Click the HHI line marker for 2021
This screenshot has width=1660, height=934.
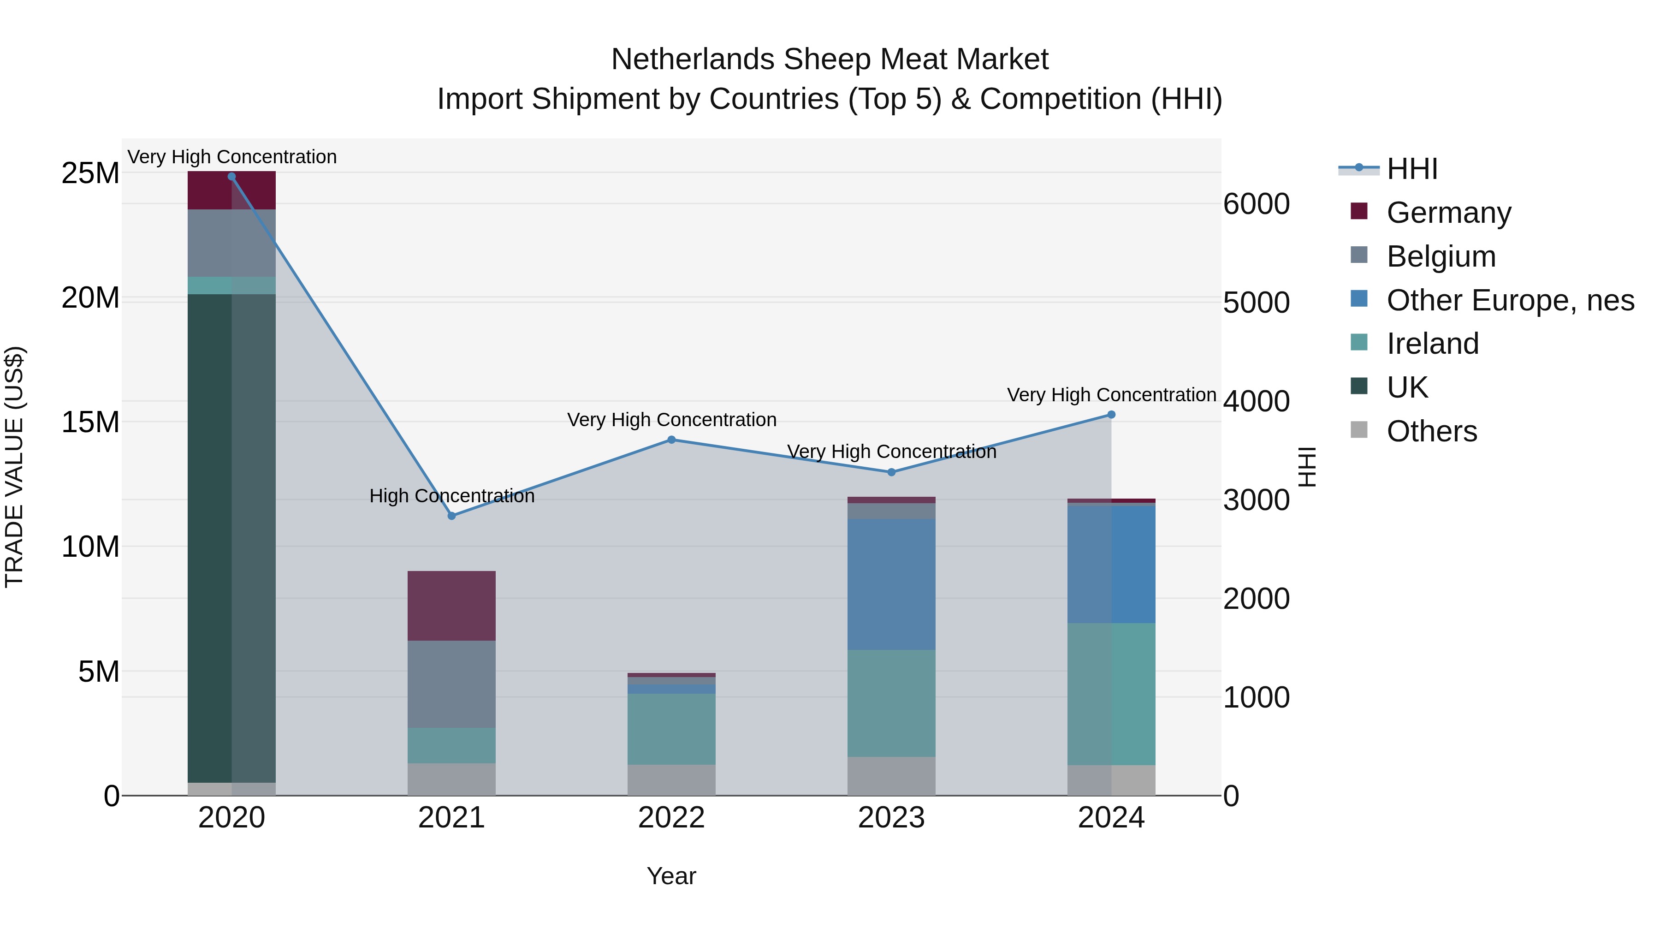click(x=452, y=516)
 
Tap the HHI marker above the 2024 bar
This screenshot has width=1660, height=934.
click(x=1111, y=415)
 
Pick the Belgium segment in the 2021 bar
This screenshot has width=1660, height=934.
click(x=452, y=684)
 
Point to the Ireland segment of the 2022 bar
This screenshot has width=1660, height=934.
click(x=671, y=729)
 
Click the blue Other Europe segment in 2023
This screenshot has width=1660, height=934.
click(x=891, y=584)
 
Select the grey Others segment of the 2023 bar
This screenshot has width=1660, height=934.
click(x=891, y=776)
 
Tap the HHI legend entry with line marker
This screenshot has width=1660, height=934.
click(x=1411, y=169)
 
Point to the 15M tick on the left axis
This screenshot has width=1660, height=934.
click(x=90, y=422)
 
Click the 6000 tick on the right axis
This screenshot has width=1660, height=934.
click(x=1256, y=204)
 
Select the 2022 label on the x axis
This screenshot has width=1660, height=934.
click(x=671, y=818)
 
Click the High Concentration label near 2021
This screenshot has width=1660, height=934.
click(x=452, y=496)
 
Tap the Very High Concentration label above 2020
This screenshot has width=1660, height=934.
click(x=232, y=157)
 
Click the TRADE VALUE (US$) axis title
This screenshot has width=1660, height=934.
click(x=14, y=467)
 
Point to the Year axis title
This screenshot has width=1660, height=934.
click(x=671, y=876)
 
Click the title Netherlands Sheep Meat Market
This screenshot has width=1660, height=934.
click(x=830, y=59)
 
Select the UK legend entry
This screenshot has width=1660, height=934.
click(x=1407, y=387)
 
